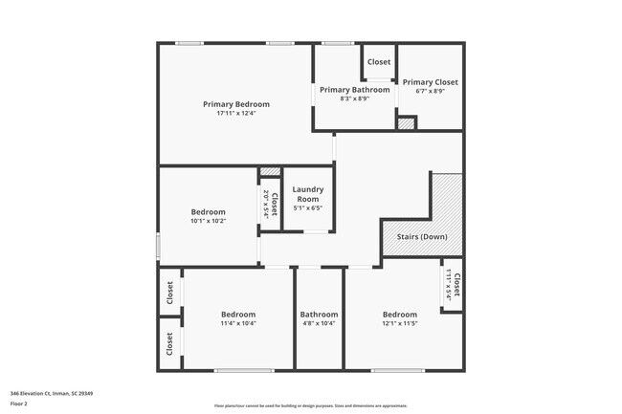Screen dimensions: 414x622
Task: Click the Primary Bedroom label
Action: (x=235, y=104)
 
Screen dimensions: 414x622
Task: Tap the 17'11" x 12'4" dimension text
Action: (x=235, y=114)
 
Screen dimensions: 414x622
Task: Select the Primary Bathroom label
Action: (x=354, y=90)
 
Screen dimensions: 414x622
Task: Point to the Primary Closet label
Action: (x=430, y=82)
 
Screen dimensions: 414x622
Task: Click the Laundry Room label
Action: (x=307, y=194)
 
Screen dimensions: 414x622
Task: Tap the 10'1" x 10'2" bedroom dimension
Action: (x=208, y=221)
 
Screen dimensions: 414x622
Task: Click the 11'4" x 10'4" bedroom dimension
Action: (x=238, y=323)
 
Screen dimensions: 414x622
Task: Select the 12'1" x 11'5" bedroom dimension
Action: (x=400, y=323)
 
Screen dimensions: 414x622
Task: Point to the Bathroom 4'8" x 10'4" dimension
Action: (x=319, y=323)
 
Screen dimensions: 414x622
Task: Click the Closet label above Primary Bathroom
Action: (x=379, y=62)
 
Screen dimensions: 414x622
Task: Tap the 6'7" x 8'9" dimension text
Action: (x=430, y=92)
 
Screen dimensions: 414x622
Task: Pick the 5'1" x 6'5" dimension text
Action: (x=307, y=207)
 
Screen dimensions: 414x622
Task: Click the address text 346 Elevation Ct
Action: (x=52, y=393)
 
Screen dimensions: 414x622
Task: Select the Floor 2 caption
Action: (x=20, y=403)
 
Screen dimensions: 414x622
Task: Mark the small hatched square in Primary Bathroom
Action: (x=407, y=123)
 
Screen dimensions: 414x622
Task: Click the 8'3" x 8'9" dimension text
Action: (x=354, y=98)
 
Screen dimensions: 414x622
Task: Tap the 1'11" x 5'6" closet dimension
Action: (x=448, y=285)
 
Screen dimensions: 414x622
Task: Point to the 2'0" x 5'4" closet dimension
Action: (x=265, y=204)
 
